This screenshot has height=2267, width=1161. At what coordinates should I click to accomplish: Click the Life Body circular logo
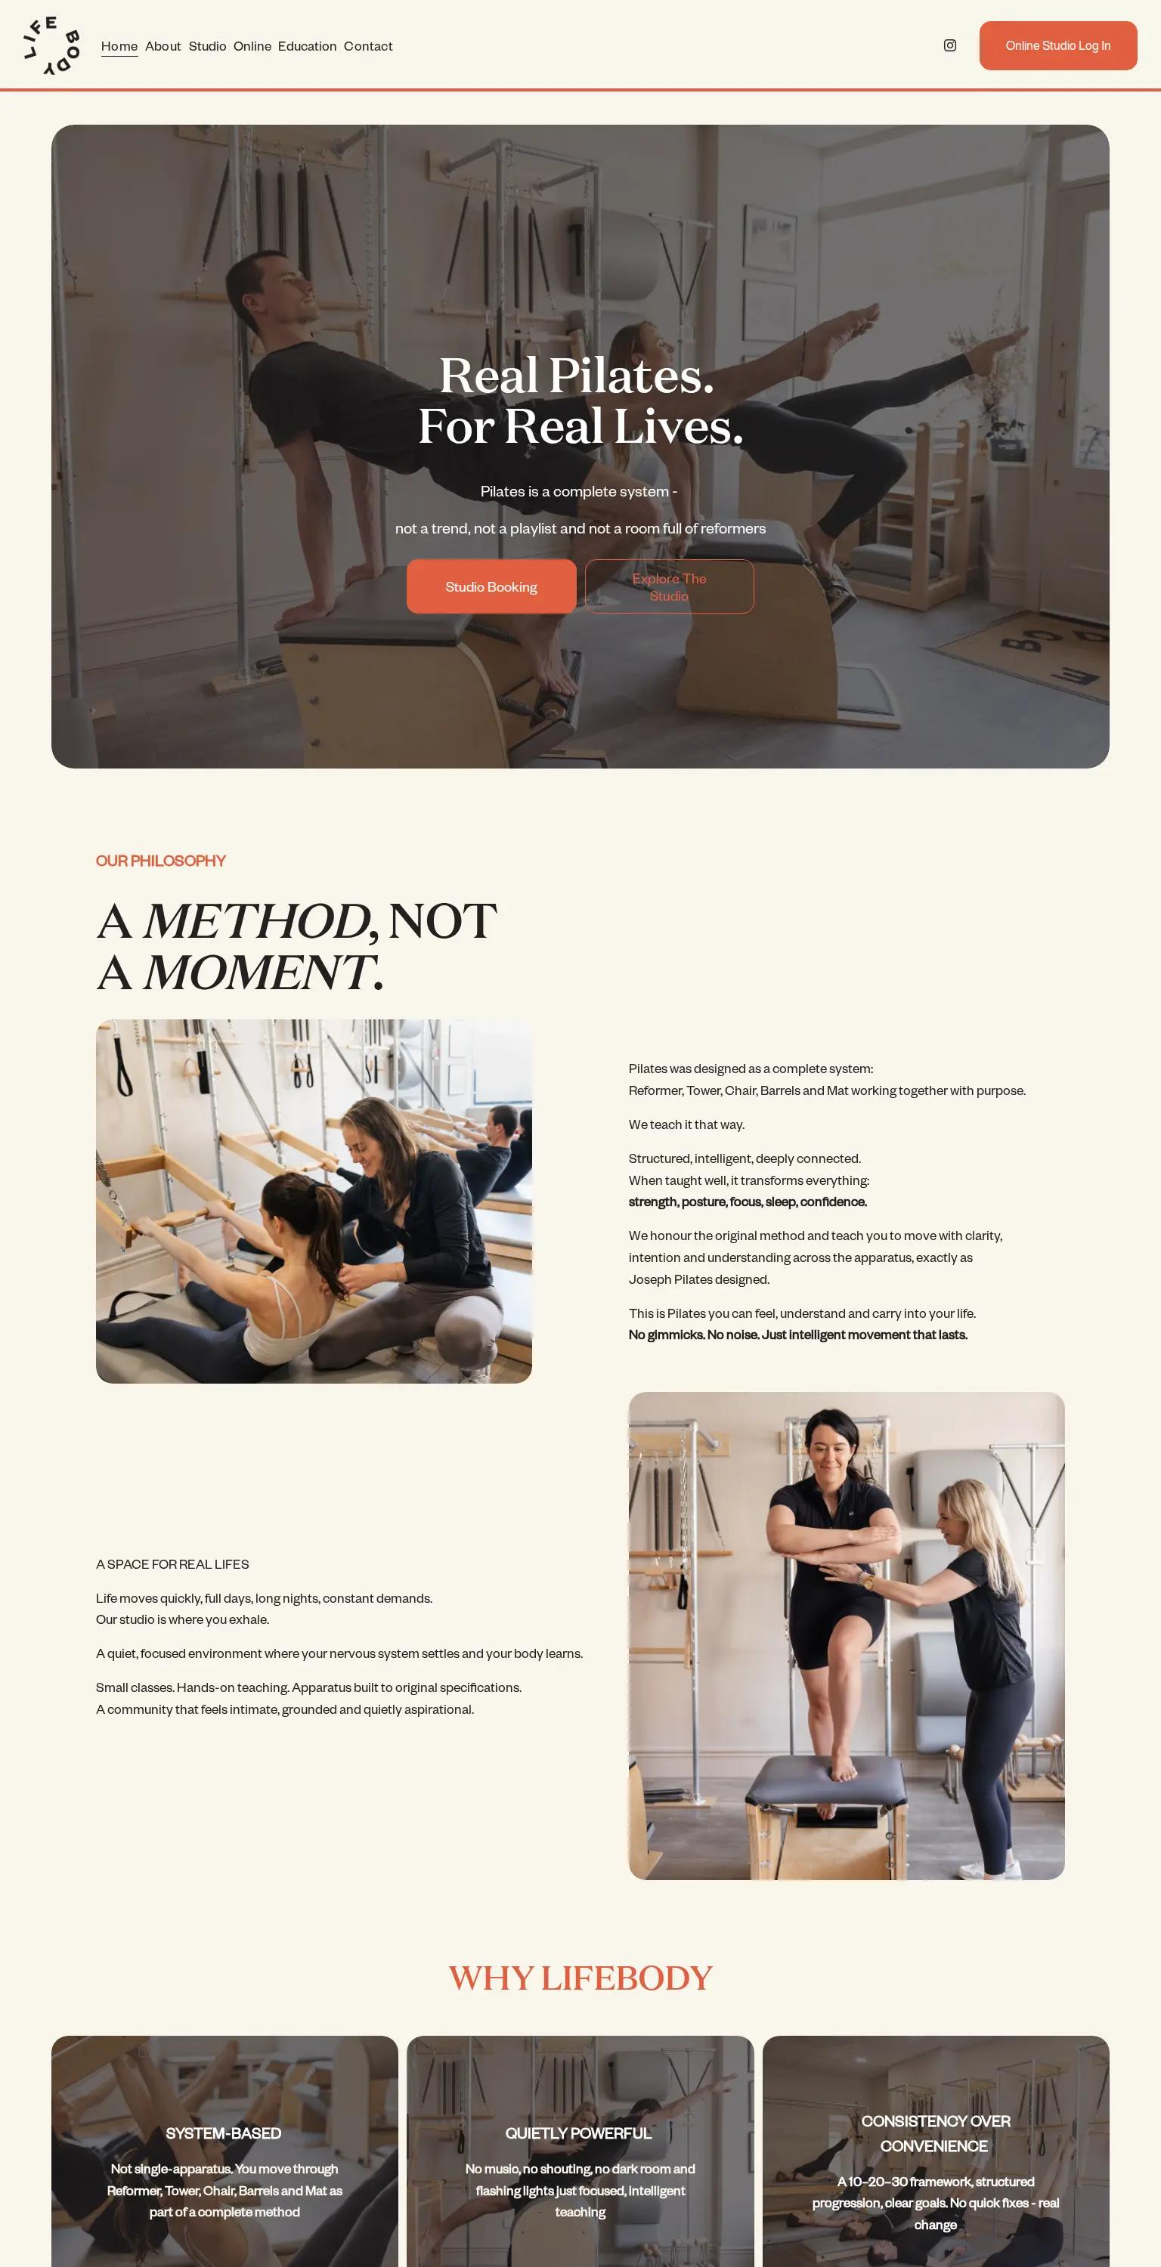(x=52, y=46)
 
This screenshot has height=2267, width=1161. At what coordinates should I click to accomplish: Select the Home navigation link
(x=119, y=46)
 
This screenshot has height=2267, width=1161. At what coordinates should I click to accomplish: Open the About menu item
(x=163, y=46)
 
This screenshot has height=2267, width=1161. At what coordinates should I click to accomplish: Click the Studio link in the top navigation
(x=207, y=46)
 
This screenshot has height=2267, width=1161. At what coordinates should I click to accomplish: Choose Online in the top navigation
(x=252, y=46)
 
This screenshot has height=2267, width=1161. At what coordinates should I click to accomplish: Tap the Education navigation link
(x=307, y=46)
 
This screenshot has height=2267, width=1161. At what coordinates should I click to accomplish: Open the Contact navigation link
(x=368, y=46)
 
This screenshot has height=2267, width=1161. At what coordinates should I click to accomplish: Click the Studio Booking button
(x=491, y=586)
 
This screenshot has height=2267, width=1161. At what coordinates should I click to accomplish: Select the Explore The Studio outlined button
(x=669, y=586)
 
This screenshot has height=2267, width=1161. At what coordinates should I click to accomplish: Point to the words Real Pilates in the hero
(x=576, y=375)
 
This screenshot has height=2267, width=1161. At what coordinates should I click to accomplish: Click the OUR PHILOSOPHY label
(x=161, y=861)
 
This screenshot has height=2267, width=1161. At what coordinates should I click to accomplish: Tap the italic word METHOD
(x=255, y=920)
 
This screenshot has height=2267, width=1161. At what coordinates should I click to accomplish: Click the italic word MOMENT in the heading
(x=257, y=973)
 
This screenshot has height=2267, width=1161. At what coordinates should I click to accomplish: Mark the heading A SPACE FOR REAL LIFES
(x=172, y=1563)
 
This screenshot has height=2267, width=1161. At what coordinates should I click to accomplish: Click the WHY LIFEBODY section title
(x=580, y=1978)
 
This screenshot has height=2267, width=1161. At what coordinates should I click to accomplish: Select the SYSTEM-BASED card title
(x=224, y=2133)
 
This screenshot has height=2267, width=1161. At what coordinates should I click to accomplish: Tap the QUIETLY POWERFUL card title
(x=578, y=2133)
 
